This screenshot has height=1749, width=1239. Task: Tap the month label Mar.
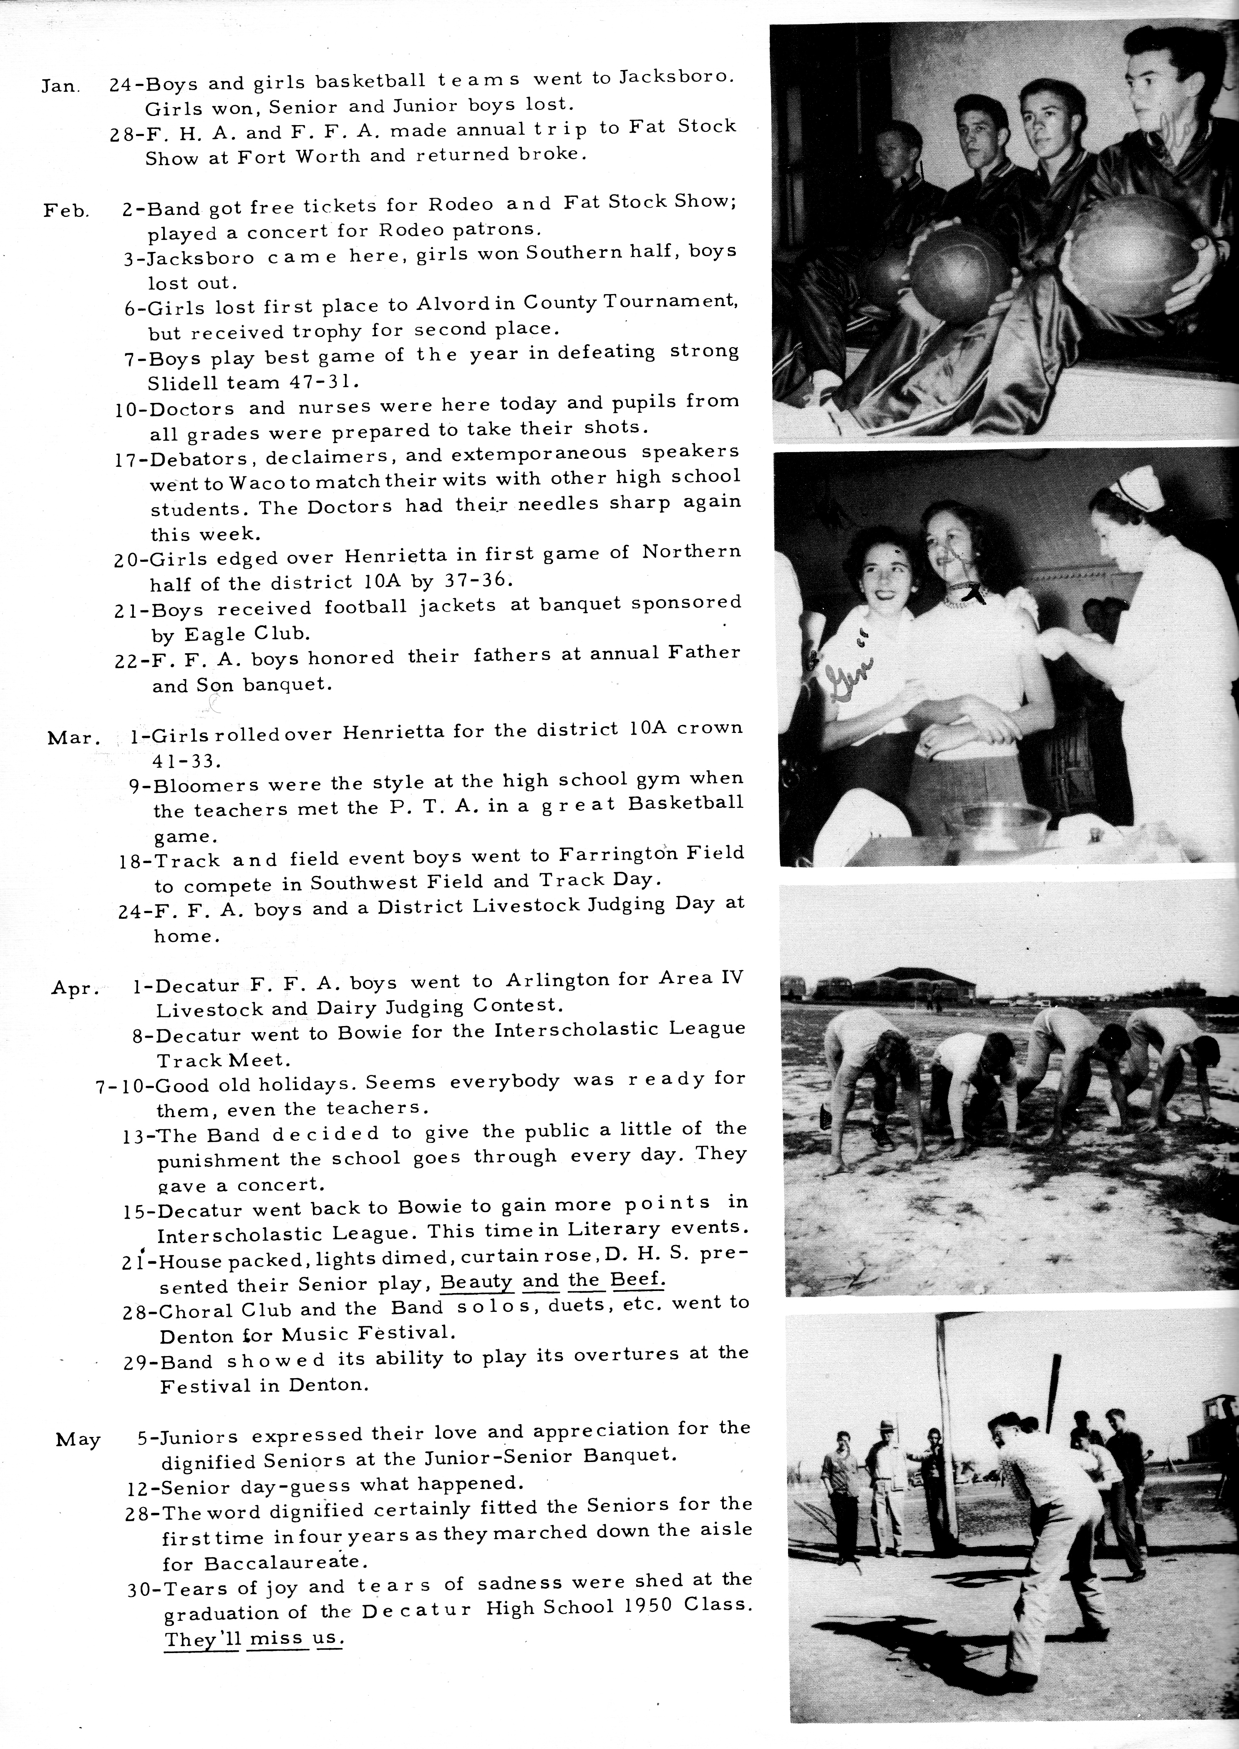coord(74,738)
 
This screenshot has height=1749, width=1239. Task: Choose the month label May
coord(78,1440)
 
